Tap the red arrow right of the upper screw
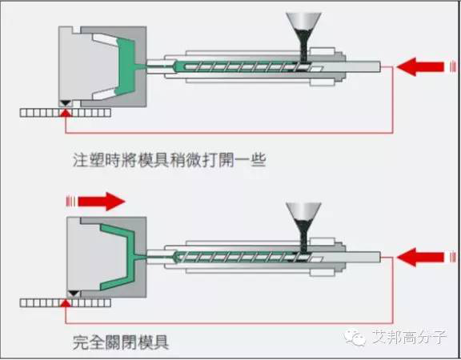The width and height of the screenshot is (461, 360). pyautogui.click(x=420, y=67)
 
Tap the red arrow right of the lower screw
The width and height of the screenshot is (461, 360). pyautogui.click(x=420, y=257)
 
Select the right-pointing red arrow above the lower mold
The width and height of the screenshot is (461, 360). pyautogui.click(x=102, y=202)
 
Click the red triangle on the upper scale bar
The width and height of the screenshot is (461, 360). pyautogui.click(x=66, y=113)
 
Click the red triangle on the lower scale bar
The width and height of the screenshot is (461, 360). pyautogui.click(x=66, y=303)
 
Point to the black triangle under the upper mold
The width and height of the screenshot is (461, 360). pyautogui.click(x=66, y=103)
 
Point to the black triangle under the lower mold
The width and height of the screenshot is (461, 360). pyautogui.click(x=74, y=294)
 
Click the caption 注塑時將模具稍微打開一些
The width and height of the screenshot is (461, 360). pyautogui.click(x=170, y=160)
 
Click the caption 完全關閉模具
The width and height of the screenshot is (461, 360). pyautogui.click(x=121, y=342)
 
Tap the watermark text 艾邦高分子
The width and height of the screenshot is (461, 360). pyautogui.click(x=409, y=337)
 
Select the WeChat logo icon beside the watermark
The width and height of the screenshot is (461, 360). pyautogui.click(x=355, y=338)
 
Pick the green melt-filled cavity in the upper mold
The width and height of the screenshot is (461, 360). pyautogui.click(x=126, y=66)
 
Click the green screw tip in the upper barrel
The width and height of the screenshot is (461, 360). pyautogui.click(x=178, y=66)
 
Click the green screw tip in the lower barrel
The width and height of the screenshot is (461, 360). pyautogui.click(x=178, y=257)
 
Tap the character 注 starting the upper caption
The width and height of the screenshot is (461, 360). pyautogui.click(x=81, y=160)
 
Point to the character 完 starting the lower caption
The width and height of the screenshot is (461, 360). pyautogui.click(x=81, y=342)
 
